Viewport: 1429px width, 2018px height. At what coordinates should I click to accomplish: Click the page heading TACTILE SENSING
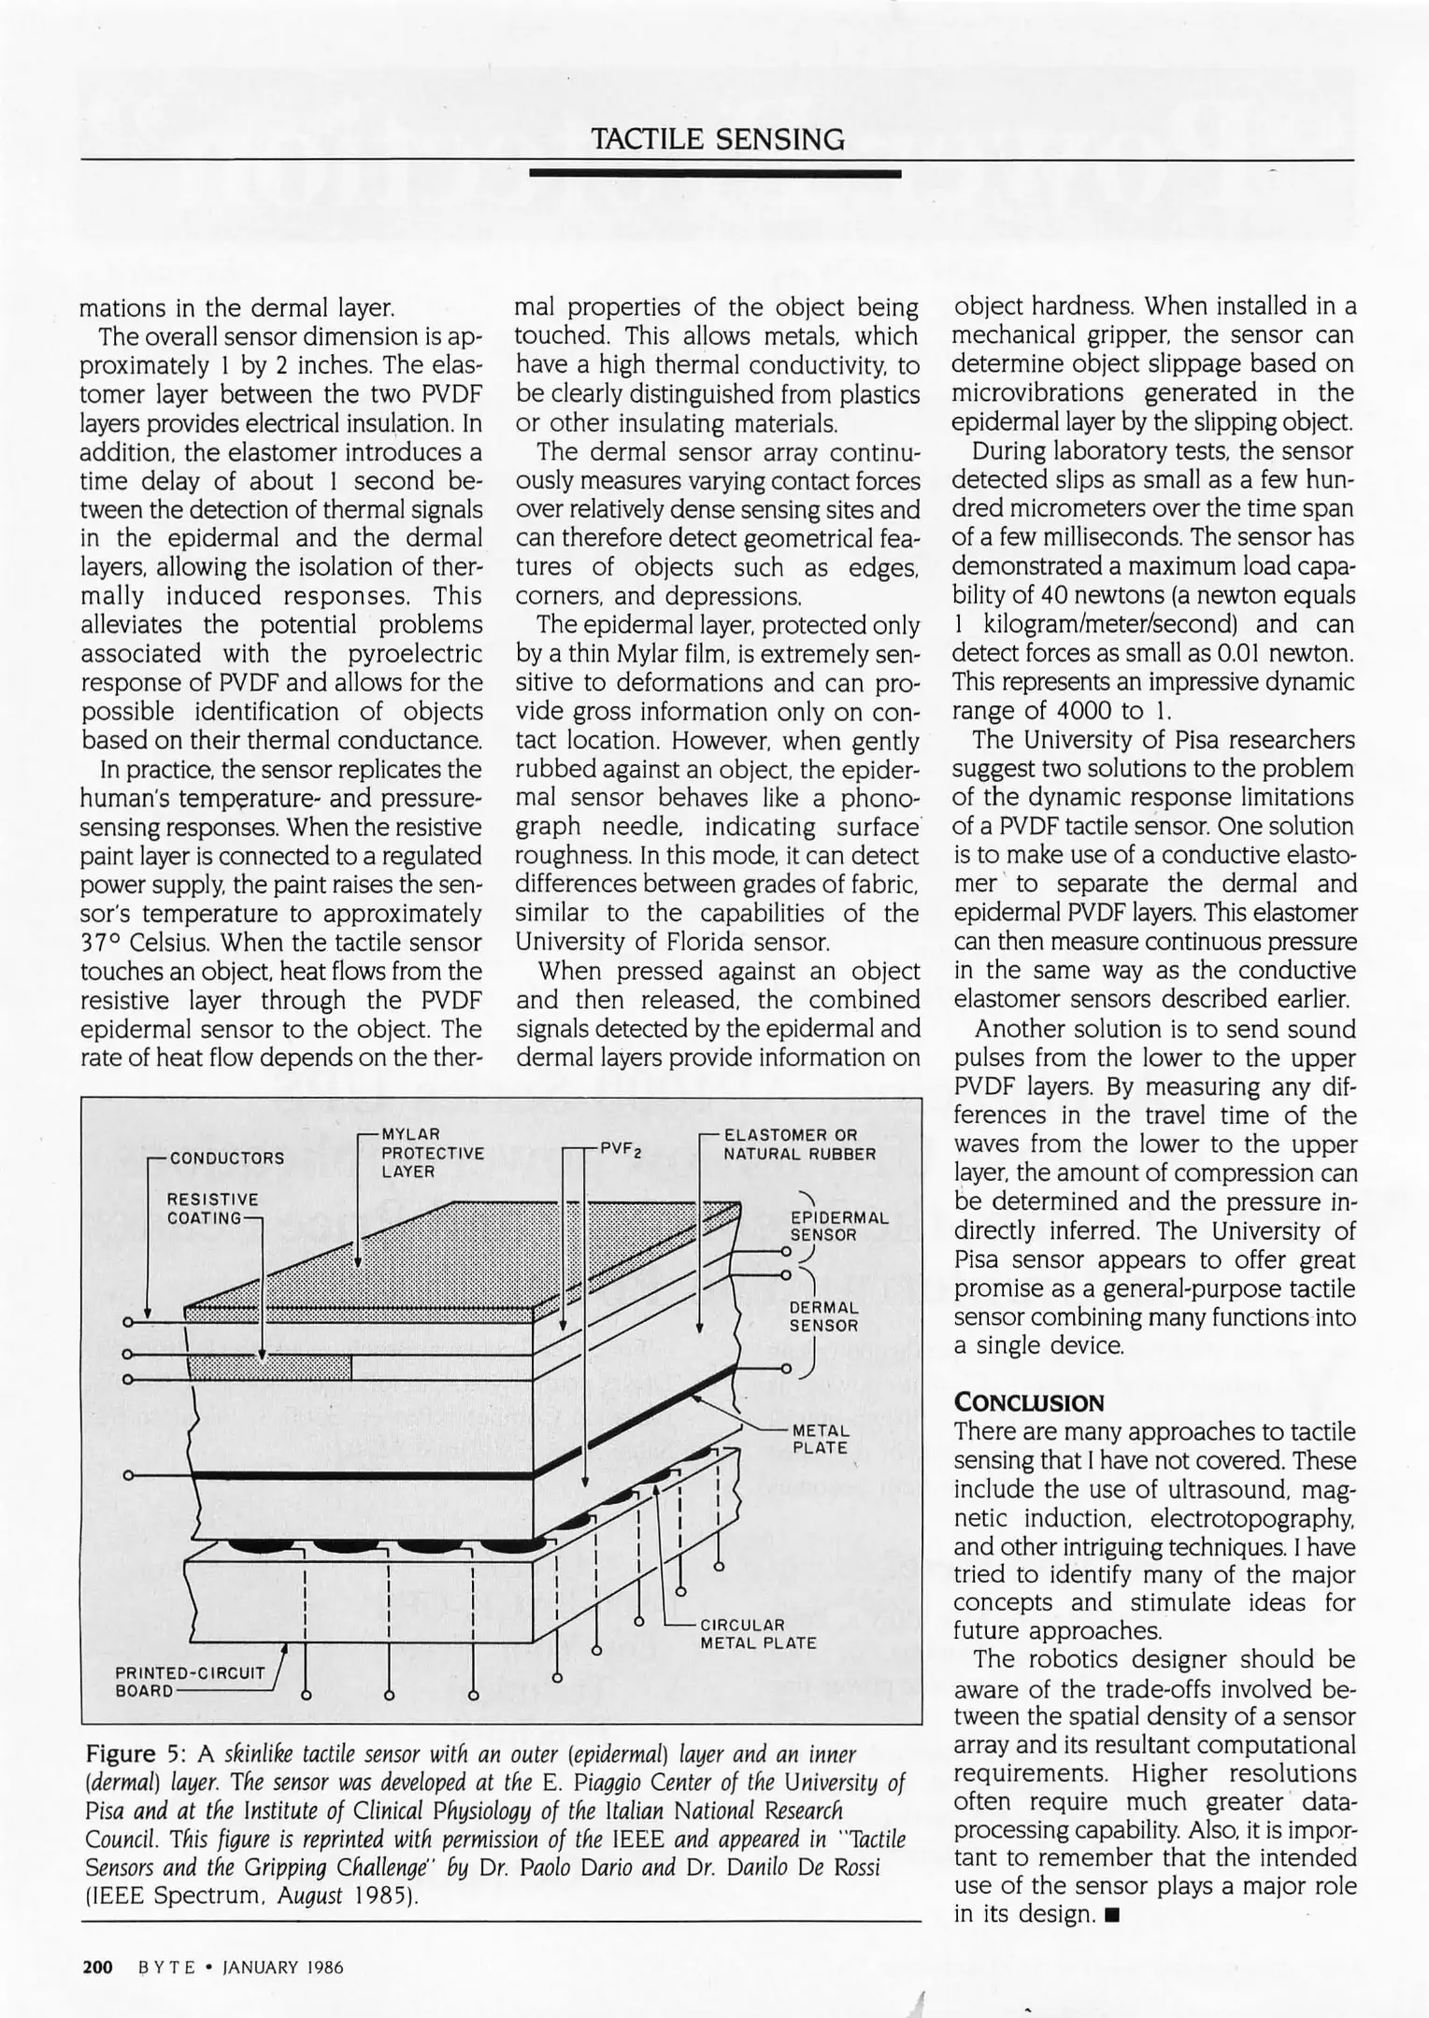click(717, 140)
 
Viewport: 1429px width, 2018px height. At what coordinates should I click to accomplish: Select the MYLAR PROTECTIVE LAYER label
click(432, 1153)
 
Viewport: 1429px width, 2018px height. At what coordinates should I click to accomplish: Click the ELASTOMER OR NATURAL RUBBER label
click(800, 1144)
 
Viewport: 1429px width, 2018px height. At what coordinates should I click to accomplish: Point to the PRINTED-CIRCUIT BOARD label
click(190, 1682)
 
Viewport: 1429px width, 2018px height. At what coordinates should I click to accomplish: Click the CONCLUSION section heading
click(1028, 1402)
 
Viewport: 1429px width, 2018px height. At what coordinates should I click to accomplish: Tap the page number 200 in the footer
click(97, 1968)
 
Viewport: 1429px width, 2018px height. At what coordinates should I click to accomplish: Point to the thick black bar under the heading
click(715, 174)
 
